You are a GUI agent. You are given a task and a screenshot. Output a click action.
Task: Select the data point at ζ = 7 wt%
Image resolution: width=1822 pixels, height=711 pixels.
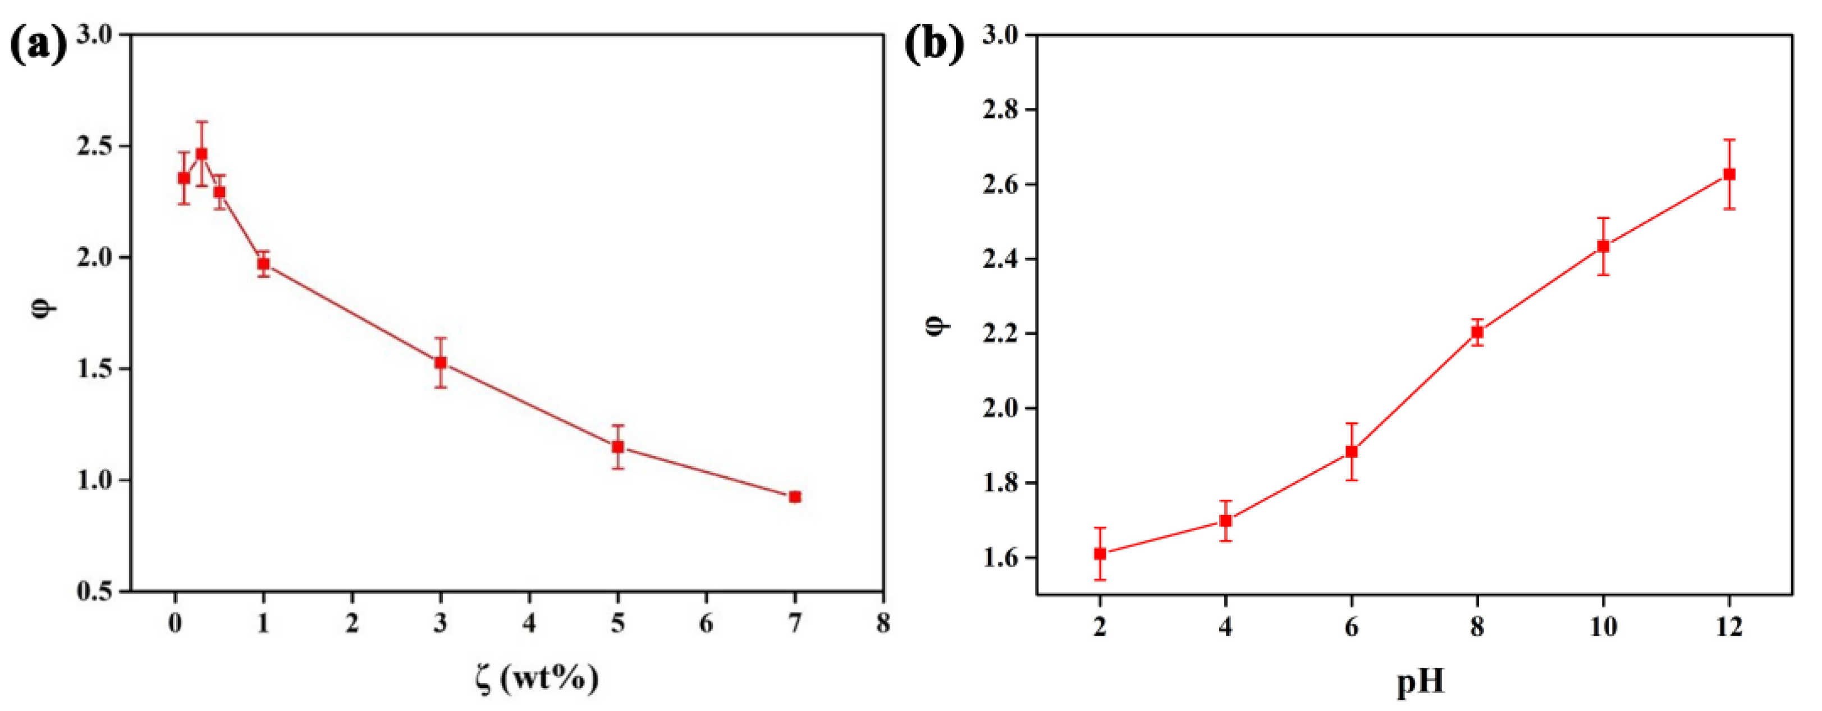(x=795, y=496)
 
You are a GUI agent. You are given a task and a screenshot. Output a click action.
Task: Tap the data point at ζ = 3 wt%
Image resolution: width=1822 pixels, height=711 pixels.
(x=441, y=362)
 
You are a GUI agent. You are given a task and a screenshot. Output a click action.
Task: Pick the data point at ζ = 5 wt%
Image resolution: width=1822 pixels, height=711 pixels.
(x=617, y=446)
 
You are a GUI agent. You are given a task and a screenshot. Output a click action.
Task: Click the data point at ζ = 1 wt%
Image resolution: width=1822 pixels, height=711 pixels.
(x=263, y=264)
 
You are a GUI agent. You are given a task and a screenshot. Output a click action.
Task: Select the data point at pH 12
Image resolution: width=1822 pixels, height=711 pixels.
(x=1729, y=174)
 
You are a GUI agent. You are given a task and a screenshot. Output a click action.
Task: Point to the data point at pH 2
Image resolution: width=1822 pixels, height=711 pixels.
(x=1100, y=554)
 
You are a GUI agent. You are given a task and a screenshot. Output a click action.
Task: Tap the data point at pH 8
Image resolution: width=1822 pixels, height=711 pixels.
(x=1477, y=332)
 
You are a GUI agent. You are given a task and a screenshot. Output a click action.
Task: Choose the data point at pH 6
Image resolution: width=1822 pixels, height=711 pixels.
(x=1352, y=452)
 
